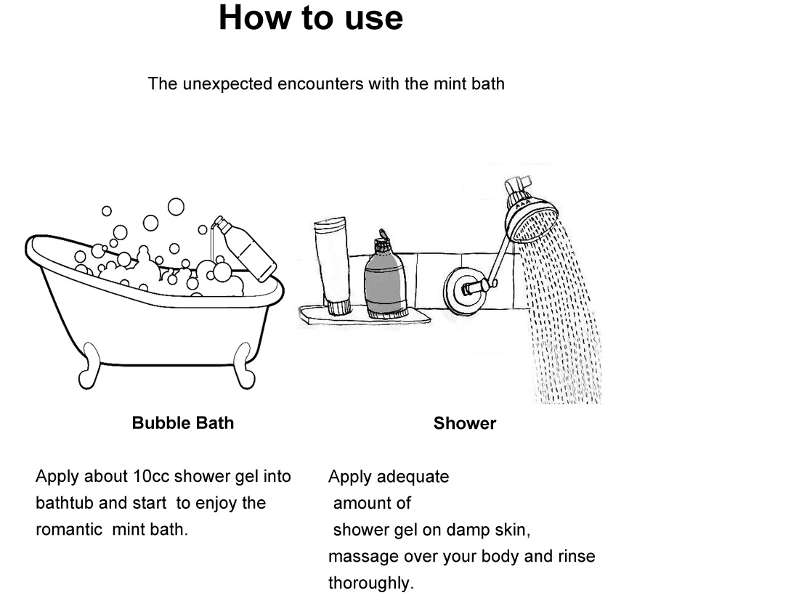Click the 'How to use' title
[x=310, y=17]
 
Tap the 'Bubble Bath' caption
[x=183, y=423]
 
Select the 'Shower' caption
[x=464, y=424]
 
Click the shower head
[x=532, y=214]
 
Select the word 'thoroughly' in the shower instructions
[x=368, y=584]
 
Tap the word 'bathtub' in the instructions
[x=64, y=504]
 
